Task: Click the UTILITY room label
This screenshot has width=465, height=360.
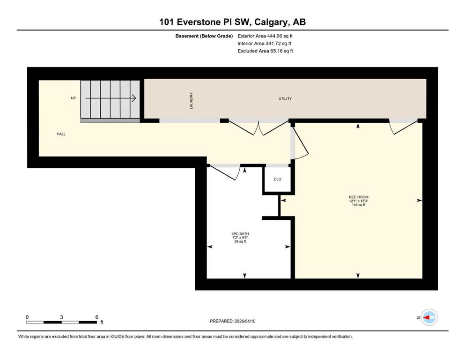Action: click(285, 98)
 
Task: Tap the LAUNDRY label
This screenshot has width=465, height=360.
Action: click(191, 101)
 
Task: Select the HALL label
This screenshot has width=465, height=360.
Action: click(61, 134)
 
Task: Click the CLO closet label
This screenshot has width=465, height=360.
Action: click(278, 180)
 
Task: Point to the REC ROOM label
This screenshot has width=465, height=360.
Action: click(359, 197)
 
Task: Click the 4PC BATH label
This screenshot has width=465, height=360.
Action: click(240, 234)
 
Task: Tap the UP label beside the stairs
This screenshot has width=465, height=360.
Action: click(73, 98)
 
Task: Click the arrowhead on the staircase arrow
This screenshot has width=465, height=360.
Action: click(134, 98)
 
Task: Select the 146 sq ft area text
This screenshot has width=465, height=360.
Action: click(359, 205)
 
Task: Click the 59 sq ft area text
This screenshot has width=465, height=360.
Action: click(240, 241)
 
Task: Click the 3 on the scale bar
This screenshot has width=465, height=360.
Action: click(61, 317)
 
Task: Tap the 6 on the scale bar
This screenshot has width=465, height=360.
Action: click(96, 317)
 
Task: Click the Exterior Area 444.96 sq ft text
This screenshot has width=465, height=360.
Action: click(265, 36)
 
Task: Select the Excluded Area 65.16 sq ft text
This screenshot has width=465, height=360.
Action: click(265, 51)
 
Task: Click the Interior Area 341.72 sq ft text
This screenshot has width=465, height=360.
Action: click(264, 43)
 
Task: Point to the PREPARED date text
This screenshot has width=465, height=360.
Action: click(232, 321)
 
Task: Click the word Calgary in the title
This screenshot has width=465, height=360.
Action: click(272, 22)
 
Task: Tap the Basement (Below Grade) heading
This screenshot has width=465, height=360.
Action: click(204, 36)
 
